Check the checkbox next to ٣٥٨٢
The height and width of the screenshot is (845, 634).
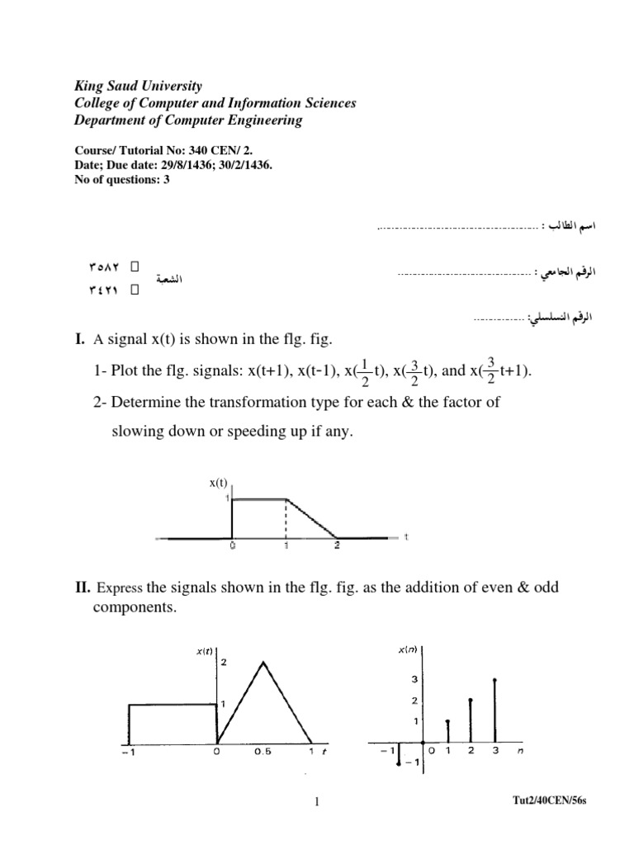click(135, 267)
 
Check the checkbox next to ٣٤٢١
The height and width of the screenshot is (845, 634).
click(135, 290)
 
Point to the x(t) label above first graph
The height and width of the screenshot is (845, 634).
click(218, 483)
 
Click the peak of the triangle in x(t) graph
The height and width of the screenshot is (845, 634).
click(263, 662)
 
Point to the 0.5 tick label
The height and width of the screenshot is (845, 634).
click(263, 753)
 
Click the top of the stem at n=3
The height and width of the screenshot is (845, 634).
click(494, 680)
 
